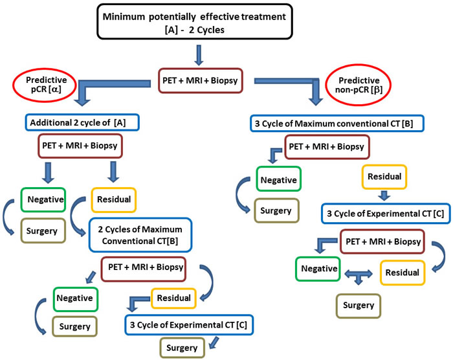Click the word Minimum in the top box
coord(124,17)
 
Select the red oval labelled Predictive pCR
coord(45,85)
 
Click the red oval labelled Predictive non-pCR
coord(359,85)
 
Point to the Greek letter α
coord(54,89)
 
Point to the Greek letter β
coord(377,89)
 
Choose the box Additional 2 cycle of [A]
coord(82,122)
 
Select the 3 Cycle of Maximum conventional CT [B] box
coord(337,124)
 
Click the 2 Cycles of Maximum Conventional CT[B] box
coord(140,235)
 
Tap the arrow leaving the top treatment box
coord(199,55)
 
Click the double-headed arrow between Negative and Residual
coord(359,274)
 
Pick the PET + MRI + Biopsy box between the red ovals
coord(201,80)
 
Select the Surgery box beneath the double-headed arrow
coord(359,306)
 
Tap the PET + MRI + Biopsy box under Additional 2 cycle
coord(80,146)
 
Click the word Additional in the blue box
coord(50,123)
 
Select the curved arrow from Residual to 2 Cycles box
coord(74,216)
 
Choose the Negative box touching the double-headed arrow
coord(318,269)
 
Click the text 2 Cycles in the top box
coord(206,30)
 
